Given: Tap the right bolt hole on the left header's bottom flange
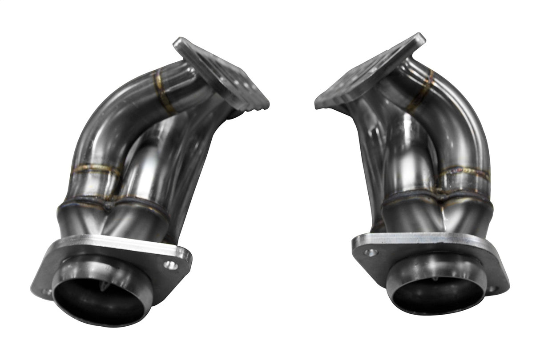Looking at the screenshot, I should [x=170, y=265].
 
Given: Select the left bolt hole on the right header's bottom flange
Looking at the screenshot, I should [x=371, y=252].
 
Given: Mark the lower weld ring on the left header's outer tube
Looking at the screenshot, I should [x=96, y=169].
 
